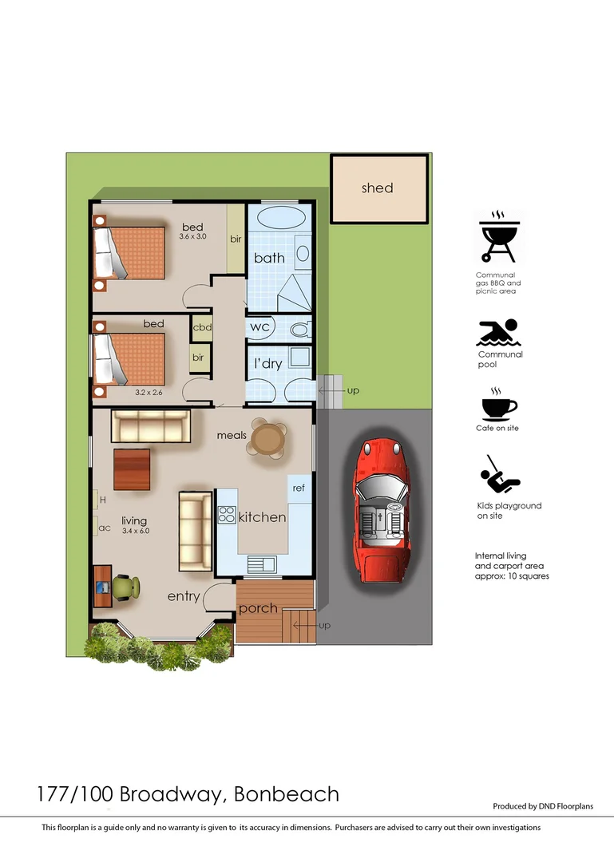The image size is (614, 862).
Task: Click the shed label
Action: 377,188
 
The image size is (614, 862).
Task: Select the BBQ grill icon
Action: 498,236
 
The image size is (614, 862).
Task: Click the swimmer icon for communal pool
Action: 498,333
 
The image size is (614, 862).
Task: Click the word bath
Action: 269,258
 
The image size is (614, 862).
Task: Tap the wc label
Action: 259,327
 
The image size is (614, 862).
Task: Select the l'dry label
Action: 268,364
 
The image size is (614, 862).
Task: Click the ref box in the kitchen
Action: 299,488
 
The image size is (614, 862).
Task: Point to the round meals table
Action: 267,437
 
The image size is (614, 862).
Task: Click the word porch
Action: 258,608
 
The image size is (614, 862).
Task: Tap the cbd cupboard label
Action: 201,327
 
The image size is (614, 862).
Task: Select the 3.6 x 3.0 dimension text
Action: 192,237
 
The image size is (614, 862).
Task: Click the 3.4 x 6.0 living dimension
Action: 136,531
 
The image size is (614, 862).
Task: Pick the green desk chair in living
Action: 125,587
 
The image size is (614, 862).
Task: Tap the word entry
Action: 183,596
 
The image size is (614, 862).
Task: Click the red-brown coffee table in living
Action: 132,469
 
